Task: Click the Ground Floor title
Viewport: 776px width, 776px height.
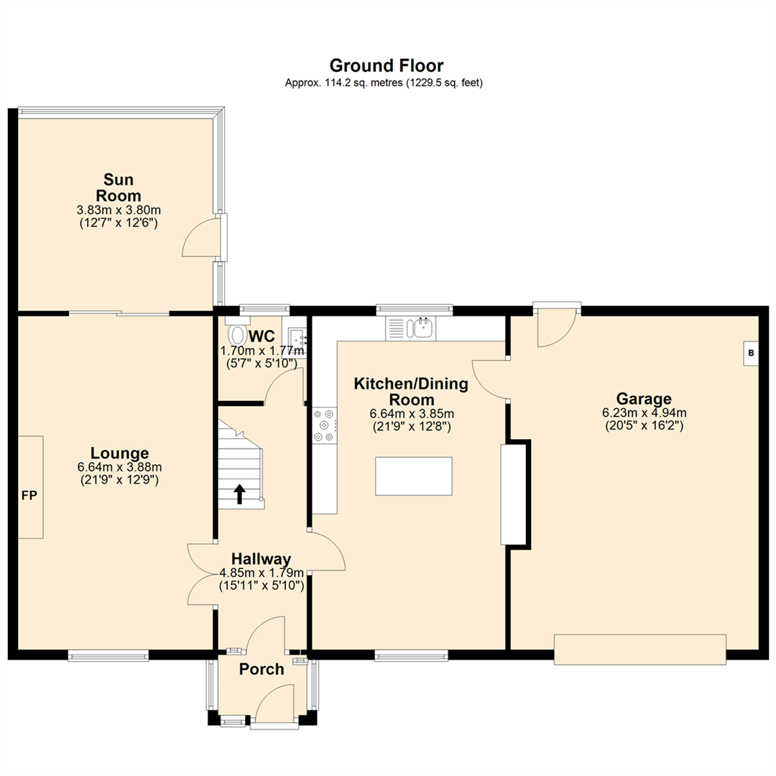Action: pos(387,66)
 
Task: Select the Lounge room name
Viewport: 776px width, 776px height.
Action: pos(119,453)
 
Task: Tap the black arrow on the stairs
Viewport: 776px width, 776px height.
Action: pos(239,493)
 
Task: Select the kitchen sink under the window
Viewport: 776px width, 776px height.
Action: pos(421,328)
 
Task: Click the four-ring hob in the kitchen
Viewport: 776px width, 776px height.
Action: pos(324,425)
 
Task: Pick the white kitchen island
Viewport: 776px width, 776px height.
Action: pos(414,476)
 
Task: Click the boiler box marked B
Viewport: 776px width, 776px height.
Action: pos(751,353)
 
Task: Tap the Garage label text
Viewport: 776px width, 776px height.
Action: pos(644,399)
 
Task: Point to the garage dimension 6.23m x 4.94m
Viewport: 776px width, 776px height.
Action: pos(644,413)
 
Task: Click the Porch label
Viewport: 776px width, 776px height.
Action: pos(262,670)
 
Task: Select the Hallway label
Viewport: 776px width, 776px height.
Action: pos(261,559)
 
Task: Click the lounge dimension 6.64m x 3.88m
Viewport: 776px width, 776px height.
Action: pos(119,467)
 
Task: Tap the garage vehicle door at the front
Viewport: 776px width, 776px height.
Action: pos(639,648)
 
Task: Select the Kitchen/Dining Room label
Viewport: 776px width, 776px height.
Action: pos(411,392)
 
